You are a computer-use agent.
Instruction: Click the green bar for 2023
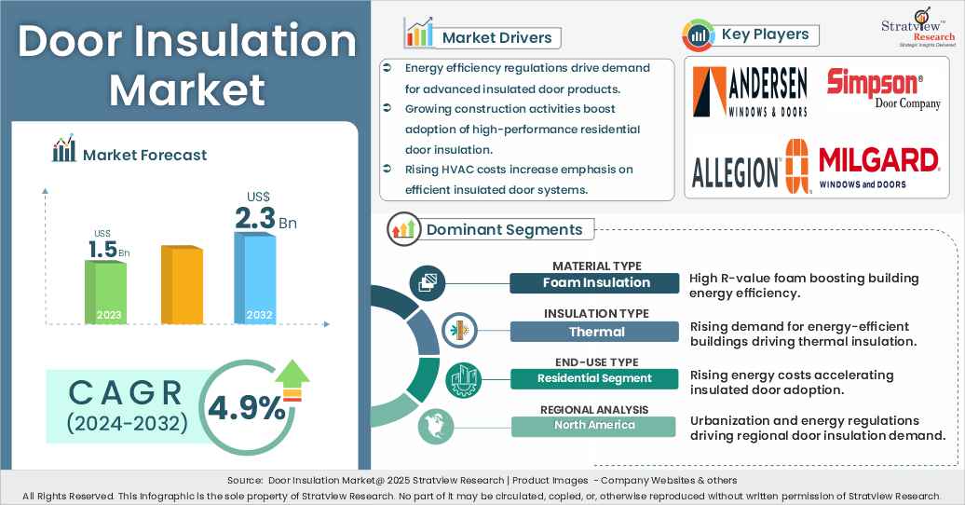(x=105, y=292)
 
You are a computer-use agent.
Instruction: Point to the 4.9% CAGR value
(x=247, y=407)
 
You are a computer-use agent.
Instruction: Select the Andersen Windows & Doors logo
(x=750, y=90)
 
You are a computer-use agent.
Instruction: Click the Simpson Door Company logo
(x=876, y=89)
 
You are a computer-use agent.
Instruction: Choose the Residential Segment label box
(x=593, y=378)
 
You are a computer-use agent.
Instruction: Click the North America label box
(x=593, y=426)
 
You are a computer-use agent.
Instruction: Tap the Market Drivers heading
(x=496, y=38)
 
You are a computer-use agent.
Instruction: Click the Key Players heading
(x=764, y=35)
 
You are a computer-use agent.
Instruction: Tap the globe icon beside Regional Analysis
(x=431, y=424)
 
